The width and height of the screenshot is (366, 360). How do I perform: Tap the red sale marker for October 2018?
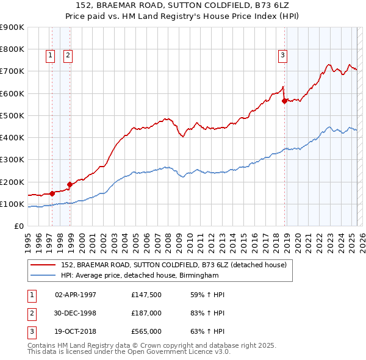coord(284,101)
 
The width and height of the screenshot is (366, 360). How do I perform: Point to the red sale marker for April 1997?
coord(52,193)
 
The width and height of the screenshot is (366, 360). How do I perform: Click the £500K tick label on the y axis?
coord(12,115)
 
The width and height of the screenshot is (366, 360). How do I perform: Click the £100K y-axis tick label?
coord(12,204)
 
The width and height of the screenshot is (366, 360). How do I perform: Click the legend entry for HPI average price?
coord(140,275)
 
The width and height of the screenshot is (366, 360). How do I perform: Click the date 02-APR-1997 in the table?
coord(76,295)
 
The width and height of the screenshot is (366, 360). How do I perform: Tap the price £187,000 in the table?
coord(146,314)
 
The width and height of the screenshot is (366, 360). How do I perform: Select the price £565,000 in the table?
coord(146,333)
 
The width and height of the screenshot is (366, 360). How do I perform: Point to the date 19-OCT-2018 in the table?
coord(76,333)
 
